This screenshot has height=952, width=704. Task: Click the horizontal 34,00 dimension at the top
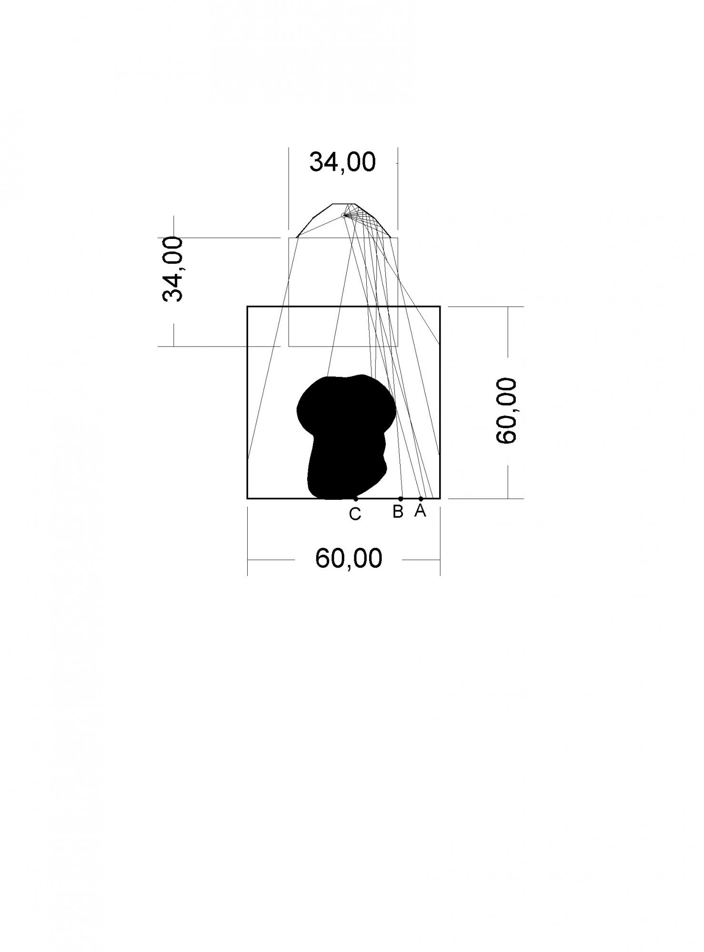click(x=342, y=162)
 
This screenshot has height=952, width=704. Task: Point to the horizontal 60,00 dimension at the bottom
click(x=349, y=558)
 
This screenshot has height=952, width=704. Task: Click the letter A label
click(x=420, y=510)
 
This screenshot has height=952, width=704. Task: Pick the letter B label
click(x=398, y=512)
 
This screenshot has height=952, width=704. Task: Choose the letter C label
click(x=355, y=514)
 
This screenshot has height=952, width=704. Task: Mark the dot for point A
click(x=421, y=499)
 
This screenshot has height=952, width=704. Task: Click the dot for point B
click(x=401, y=499)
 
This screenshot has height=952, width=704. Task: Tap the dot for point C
click(x=356, y=499)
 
